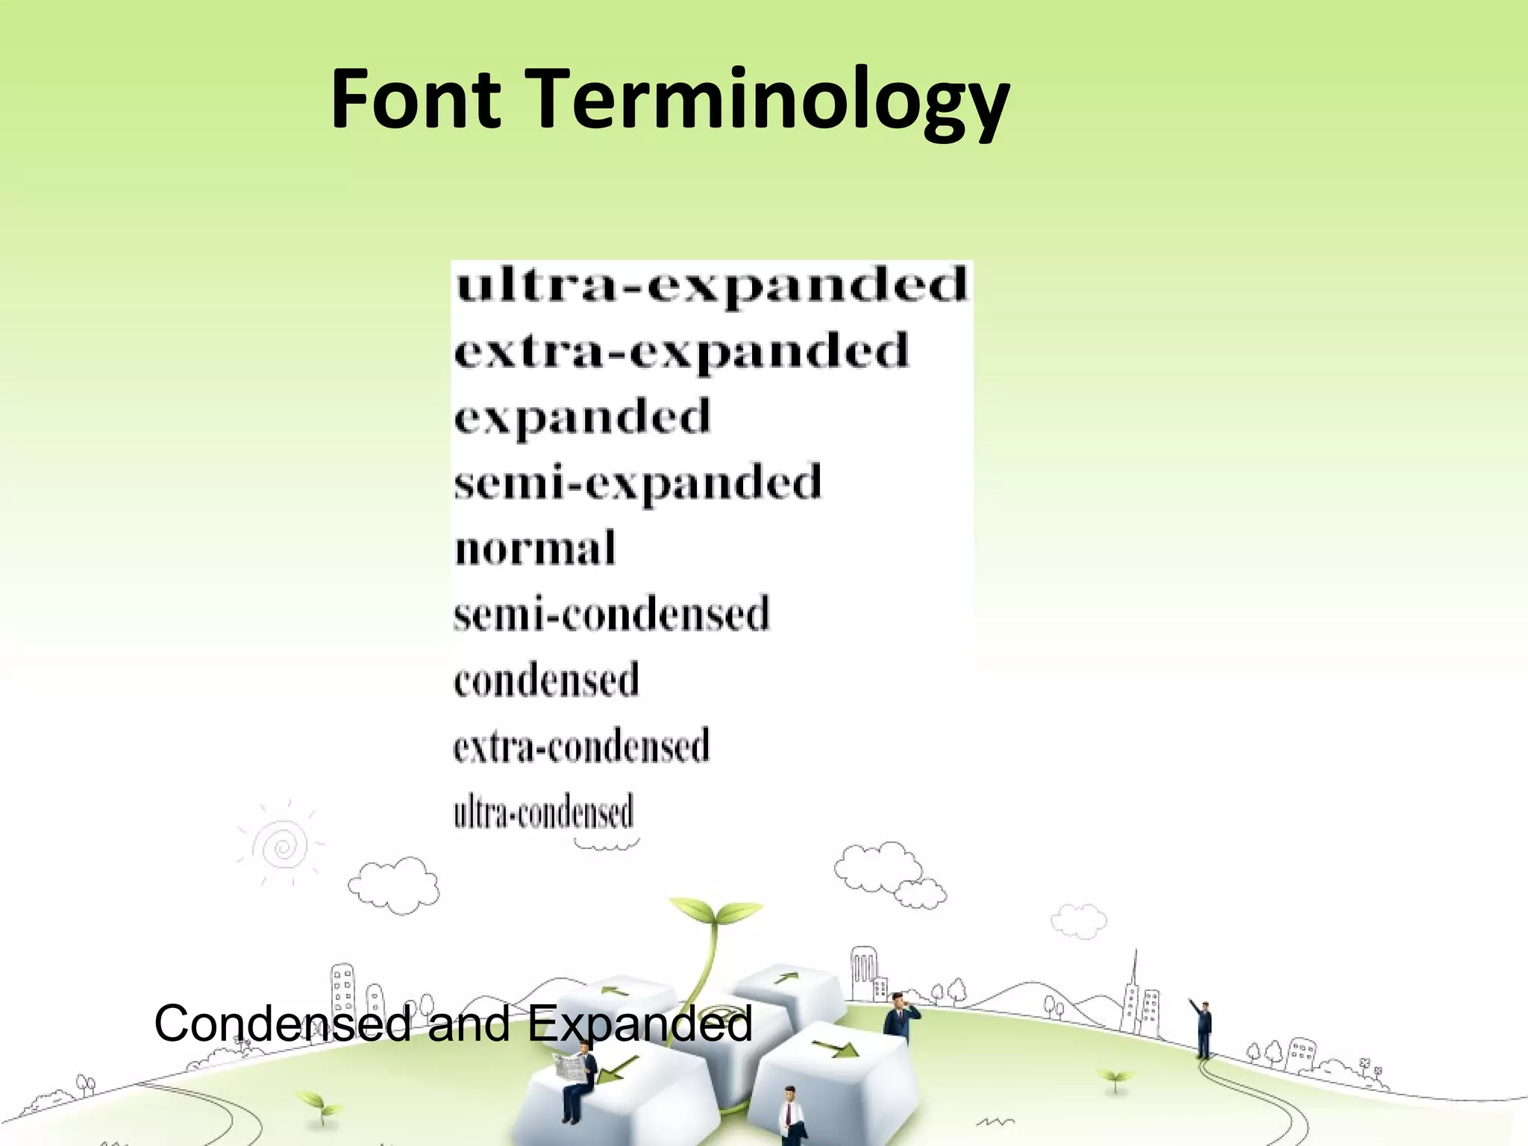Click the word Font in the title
coord(415,99)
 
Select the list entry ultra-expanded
coord(711,286)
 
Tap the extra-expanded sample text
coord(681,351)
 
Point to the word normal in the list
coord(535,548)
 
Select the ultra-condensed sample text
coord(543,812)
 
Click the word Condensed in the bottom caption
coord(282,1024)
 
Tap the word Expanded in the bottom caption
coord(639,1025)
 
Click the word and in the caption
coord(469,1024)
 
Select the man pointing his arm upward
coord(1203,1028)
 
